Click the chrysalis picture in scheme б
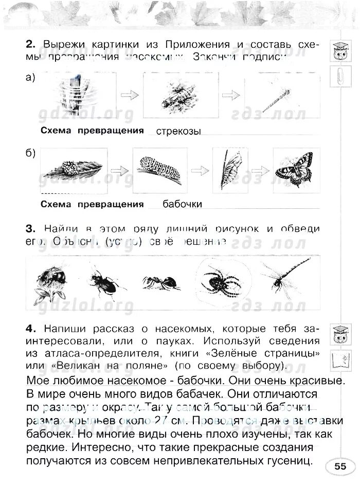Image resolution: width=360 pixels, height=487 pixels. tap(227, 168)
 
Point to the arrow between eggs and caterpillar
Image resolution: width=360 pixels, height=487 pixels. tap(119, 170)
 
